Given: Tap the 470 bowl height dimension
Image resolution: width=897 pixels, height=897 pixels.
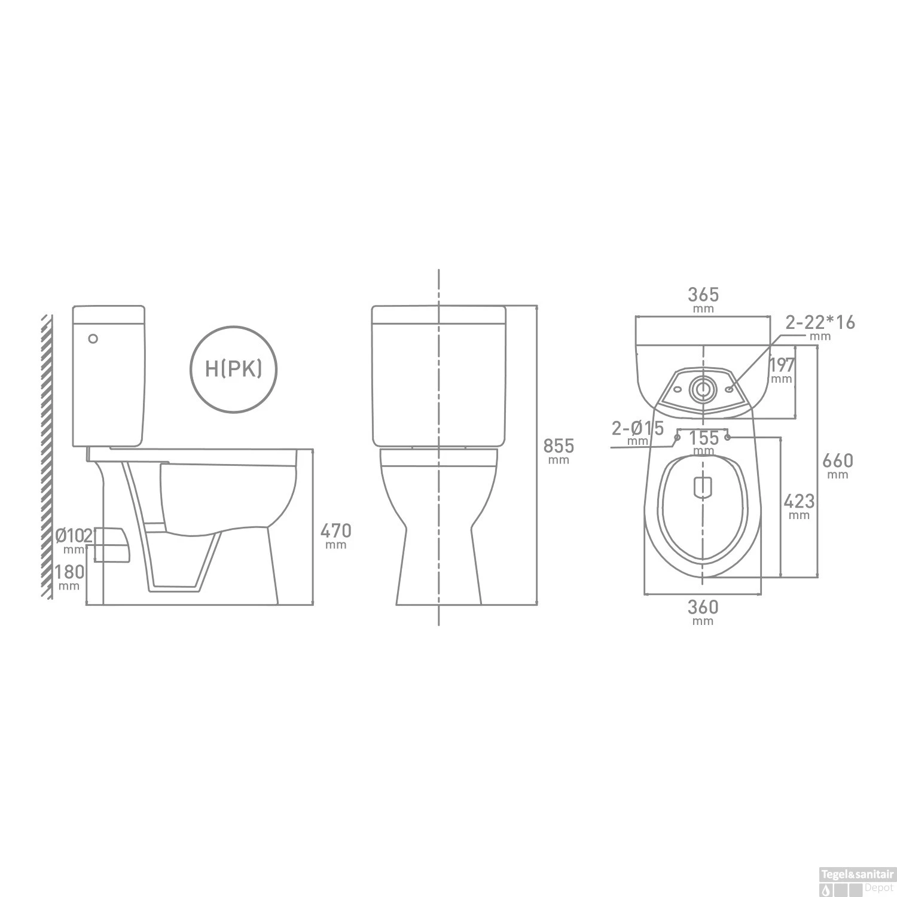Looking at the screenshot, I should (x=336, y=531).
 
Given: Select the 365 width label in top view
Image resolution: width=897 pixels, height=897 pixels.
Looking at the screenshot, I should (x=703, y=295).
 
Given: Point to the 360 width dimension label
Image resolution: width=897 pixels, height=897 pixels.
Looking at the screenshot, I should (x=703, y=608).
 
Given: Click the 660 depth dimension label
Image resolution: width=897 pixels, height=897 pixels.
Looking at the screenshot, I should (x=838, y=461).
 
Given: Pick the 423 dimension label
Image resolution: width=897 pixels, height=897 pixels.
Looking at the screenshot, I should (x=799, y=501).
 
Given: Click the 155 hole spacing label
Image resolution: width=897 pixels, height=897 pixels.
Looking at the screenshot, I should (x=703, y=438).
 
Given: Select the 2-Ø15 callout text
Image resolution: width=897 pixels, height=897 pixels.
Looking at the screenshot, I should (x=637, y=429).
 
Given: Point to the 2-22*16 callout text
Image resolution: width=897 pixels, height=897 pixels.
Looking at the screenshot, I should (x=820, y=323).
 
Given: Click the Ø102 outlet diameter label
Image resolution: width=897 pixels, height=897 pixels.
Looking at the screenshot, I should (x=74, y=535).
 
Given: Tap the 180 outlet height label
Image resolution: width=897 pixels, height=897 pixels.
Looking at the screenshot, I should (x=69, y=572).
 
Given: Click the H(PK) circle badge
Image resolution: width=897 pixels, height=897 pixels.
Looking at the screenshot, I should (x=233, y=369).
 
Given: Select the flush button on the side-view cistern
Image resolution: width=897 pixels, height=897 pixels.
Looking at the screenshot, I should (x=93, y=338).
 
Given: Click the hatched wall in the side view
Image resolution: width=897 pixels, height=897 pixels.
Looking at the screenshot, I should (x=45, y=454).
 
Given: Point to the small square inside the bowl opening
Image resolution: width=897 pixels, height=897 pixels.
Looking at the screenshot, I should (x=703, y=488).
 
